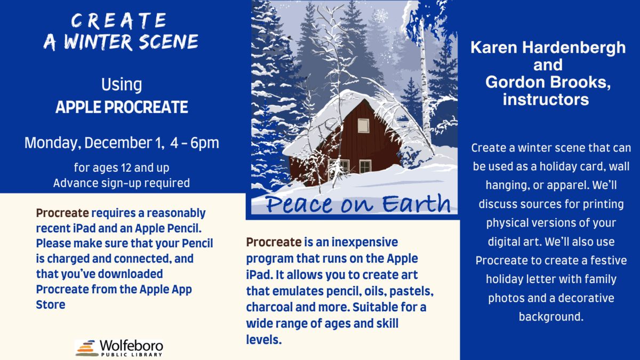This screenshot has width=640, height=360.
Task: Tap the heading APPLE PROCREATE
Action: (122, 108)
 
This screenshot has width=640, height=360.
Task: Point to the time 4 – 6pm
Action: (195, 143)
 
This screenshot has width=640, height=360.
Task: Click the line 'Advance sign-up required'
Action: (122, 182)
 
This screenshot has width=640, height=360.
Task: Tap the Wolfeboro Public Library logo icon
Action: (86, 348)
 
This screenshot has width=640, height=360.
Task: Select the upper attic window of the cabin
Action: (363, 125)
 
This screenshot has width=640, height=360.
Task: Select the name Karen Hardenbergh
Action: (548, 48)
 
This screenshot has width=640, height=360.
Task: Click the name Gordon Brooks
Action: (548, 82)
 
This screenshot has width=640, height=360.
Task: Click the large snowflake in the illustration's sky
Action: (380, 15)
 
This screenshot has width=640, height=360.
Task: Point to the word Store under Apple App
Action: (51, 305)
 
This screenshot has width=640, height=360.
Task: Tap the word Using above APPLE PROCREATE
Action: (122, 84)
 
